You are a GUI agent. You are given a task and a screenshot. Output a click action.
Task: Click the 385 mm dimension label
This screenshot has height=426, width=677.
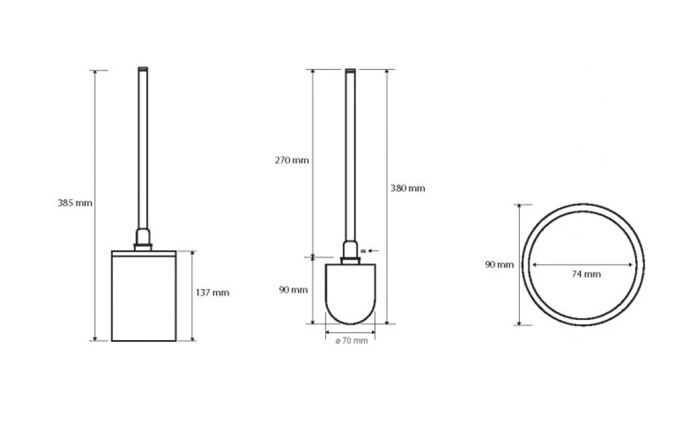(x=75, y=203)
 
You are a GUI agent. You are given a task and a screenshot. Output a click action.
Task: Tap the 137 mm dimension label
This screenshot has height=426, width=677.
(x=212, y=293)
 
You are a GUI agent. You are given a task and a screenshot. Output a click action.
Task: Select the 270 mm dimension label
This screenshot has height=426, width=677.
(x=292, y=160)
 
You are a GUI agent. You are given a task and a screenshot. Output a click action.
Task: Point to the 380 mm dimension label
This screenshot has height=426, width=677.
(x=408, y=188)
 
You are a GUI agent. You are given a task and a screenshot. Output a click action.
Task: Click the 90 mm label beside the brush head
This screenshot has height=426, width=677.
(x=293, y=290)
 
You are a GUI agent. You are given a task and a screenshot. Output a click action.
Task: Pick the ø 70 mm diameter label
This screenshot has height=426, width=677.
(x=352, y=341)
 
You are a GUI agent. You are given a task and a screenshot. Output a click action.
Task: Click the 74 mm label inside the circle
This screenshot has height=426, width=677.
(x=586, y=274)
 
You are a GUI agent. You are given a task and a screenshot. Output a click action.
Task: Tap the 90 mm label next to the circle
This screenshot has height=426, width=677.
(x=499, y=265)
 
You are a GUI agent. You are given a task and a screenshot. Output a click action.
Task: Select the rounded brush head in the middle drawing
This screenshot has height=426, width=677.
(x=350, y=294)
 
